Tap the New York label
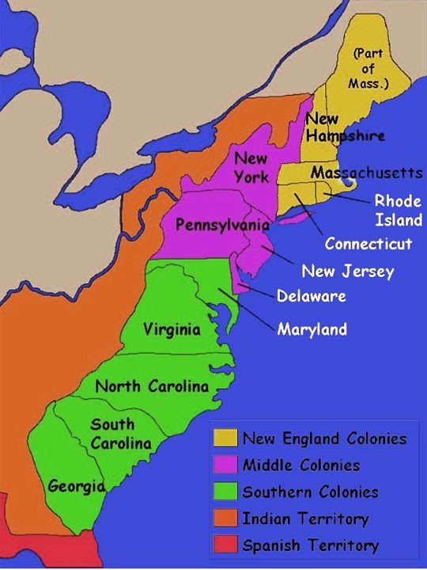(252, 167)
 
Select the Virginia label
(172, 329)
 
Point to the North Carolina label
(152, 386)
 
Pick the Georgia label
(76, 485)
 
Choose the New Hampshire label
(344, 127)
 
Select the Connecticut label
(368, 243)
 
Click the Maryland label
(312, 329)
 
